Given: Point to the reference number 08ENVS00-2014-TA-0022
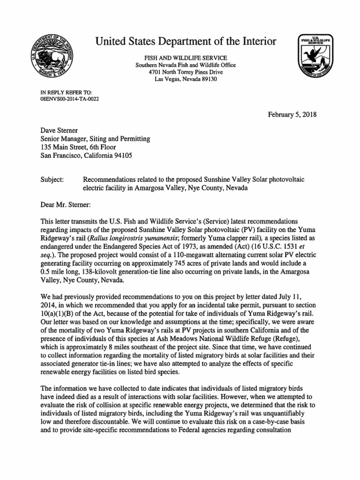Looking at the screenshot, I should (x=70, y=99).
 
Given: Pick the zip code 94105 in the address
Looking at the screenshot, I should (x=122, y=156).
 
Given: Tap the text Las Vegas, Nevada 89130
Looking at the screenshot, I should (x=186, y=79).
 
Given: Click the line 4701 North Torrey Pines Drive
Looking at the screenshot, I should (x=186, y=72).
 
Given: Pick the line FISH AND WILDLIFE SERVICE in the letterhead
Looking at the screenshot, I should (x=186, y=57).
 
